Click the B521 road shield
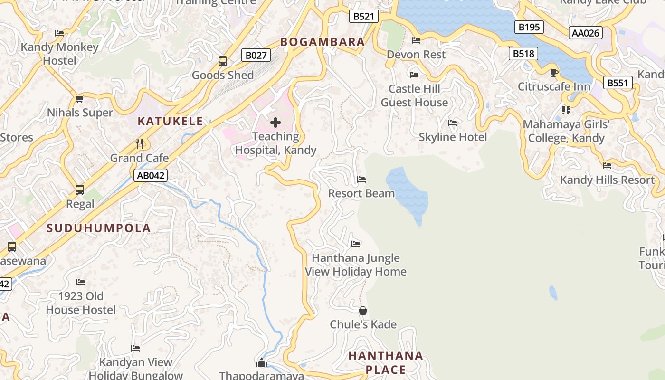click(x=364, y=17)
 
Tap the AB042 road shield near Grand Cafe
click(x=151, y=175)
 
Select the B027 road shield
click(x=256, y=56)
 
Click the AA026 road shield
click(x=586, y=33)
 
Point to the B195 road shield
click(x=529, y=27)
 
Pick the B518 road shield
click(x=523, y=54)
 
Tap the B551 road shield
click(x=618, y=83)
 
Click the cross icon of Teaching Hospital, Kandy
click(x=275, y=123)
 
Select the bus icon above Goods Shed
click(x=223, y=61)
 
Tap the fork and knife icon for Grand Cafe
click(x=139, y=143)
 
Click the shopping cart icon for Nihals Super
click(x=80, y=99)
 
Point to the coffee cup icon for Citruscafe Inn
click(x=554, y=73)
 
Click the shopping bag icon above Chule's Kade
click(x=363, y=311)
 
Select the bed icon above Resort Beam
click(x=361, y=180)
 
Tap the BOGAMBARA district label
click(x=323, y=42)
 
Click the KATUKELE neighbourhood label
click(x=171, y=121)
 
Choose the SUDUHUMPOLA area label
click(x=99, y=228)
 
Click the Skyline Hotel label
click(x=453, y=137)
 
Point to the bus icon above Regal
click(x=80, y=190)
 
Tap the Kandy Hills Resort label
click(x=607, y=180)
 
